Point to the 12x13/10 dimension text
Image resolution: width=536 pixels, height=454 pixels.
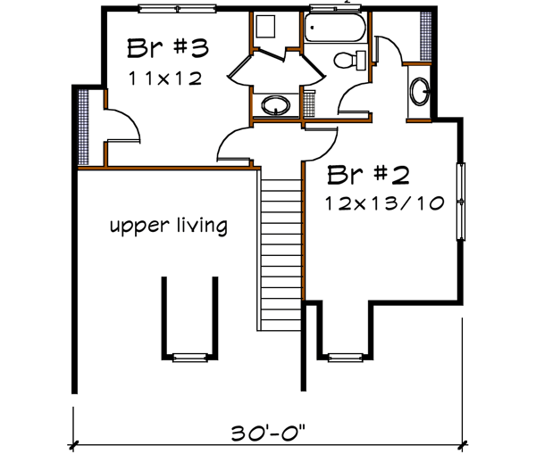(385, 202)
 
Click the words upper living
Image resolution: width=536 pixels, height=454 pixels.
(168, 226)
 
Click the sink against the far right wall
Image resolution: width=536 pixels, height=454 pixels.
(419, 91)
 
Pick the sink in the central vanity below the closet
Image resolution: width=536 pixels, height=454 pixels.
(276, 107)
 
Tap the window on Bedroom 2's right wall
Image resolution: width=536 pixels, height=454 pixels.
(461, 202)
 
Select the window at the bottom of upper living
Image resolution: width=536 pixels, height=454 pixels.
(188, 358)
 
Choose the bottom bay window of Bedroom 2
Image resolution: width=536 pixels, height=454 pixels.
(342, 358)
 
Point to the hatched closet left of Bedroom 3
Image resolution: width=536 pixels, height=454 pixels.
(84, 128)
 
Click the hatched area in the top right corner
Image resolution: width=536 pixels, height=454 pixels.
(425, 36)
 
